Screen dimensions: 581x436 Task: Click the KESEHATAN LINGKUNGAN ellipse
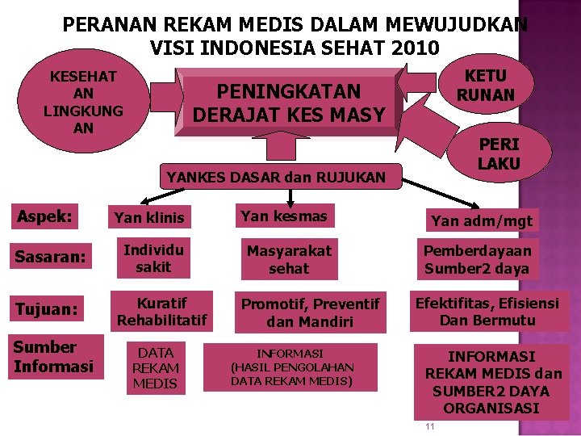[x=83, y=102]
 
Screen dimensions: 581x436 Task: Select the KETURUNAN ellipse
[x=486, y=86]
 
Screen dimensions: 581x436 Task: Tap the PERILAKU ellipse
[x=499, y=154]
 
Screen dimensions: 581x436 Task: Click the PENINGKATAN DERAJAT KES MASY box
[x=289, y=103]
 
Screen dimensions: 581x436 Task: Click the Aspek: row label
[x=45, y=216]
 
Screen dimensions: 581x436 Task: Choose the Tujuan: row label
[x=46, y=309]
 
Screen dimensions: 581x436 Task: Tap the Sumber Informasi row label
[x=53, y=357]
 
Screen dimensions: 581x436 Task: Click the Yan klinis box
[x=149, y=217]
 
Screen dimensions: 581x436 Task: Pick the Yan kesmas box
[x=284, y=216]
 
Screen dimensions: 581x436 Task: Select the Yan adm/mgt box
[x=482, y=220]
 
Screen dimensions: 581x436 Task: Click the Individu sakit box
[x=153, y=258]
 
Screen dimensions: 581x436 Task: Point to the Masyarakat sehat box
[x=289, y=259]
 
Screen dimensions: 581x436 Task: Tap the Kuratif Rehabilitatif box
[x=162, y=312]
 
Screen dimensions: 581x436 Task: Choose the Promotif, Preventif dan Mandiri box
[x=310, y=312]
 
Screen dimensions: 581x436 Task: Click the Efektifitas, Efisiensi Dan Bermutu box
[x=487, y=311]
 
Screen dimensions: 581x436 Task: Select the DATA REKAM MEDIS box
[x=155, y=367]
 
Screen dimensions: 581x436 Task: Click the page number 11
[x=429, y=426]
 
